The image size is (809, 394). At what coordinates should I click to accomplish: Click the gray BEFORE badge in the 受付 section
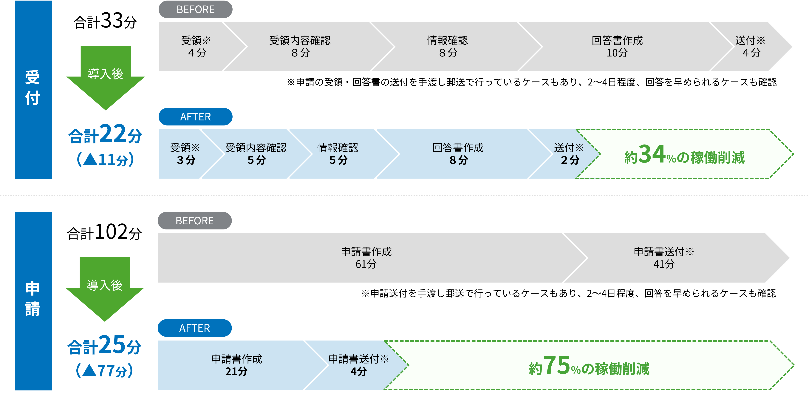click(195, 9)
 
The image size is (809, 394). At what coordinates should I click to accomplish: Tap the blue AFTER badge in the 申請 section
click(195, 328)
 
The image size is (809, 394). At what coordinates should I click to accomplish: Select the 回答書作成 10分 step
click(617, 47)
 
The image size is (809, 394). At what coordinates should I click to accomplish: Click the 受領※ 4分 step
click(196, 47)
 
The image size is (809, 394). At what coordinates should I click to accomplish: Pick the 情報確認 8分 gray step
click(448, 47)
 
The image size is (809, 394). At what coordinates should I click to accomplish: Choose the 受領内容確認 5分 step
click(256, 154)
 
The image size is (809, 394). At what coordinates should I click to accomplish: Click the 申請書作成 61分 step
click(366, 258)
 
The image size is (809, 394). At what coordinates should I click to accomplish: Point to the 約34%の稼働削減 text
click(684, 155)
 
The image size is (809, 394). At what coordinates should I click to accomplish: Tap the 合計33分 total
click(105, 21)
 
